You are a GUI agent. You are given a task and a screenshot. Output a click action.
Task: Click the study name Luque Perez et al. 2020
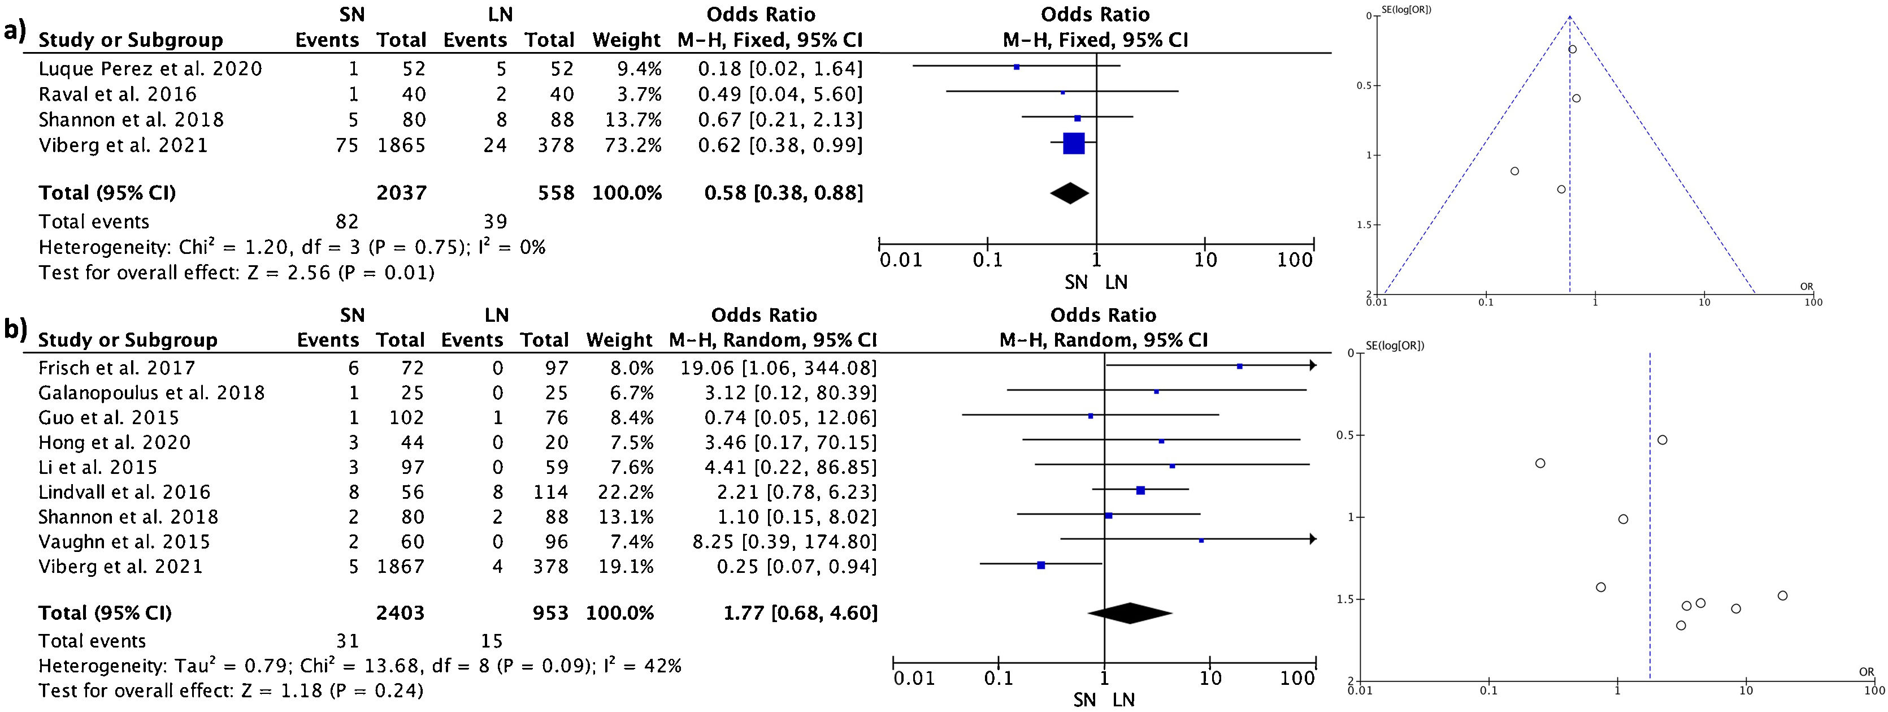pyautogui.click(x=150, y=69)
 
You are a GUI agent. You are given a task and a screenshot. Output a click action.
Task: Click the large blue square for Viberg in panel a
pyautogui.click(x=1074, y=144)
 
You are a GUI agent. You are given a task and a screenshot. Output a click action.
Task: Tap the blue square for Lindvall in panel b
pyautogui.click(x=1140, y=490)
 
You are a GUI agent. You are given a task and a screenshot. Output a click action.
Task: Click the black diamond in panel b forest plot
pyautogui.click(x=1130, y=613)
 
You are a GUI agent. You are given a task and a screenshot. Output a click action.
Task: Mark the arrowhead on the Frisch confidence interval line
pyautogui.click(x=1313, y=365)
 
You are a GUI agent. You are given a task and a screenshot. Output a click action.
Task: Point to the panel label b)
pyautogui.click(x=15, y=330)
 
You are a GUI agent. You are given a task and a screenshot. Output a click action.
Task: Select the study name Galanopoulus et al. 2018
pyautogui.click(x=151, y=393)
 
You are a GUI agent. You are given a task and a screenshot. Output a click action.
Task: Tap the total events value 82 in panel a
pyautogui.click(x=346, y=222)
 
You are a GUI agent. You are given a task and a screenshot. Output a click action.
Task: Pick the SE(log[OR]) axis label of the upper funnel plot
pyautogui.click(x=1414, y=10)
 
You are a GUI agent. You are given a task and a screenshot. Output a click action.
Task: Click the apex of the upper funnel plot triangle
pyautogui.click(x=1570, y=16)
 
